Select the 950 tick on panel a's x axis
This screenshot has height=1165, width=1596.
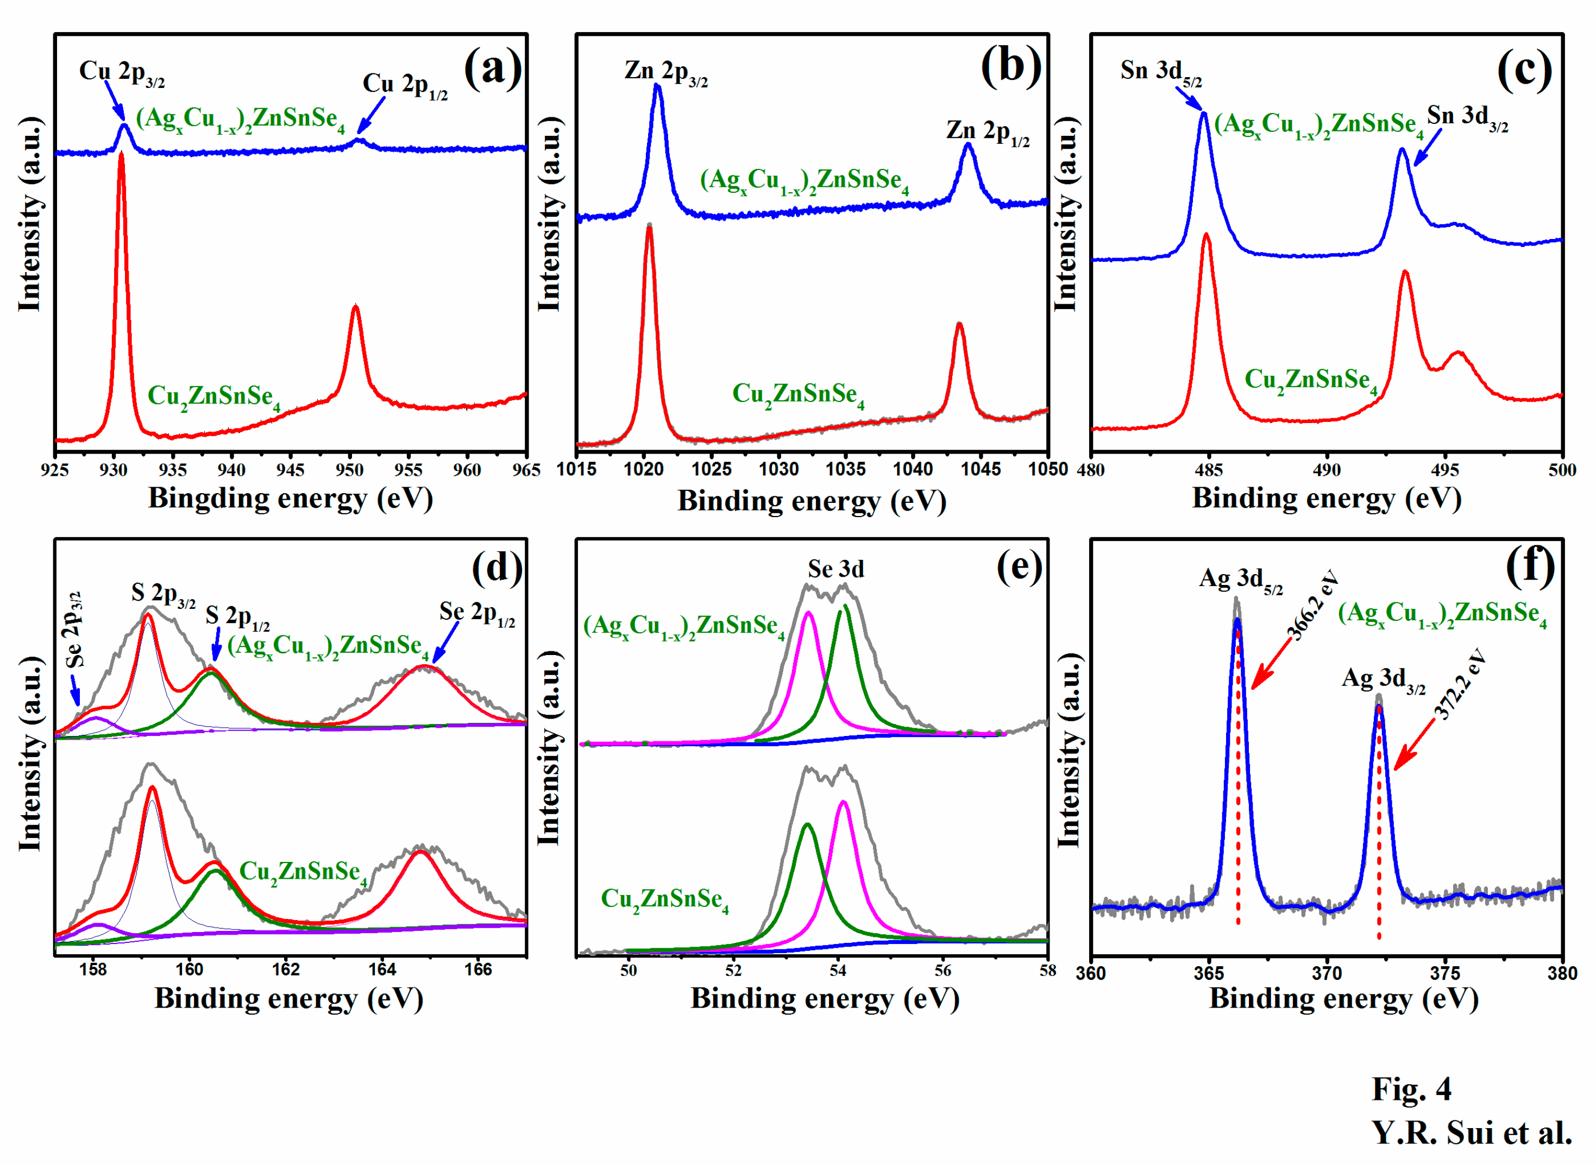[x=349, y=470]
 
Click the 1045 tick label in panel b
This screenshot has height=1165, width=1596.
[x=981, y=470]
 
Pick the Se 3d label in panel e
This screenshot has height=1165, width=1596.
[x=835, y=569]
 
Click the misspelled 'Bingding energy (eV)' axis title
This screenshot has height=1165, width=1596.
[x=290, y=499]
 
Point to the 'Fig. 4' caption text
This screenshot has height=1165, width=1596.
[x=1411, y=1089]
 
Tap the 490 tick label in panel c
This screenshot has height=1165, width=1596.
[x=1327, y=470]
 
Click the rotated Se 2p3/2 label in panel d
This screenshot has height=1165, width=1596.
[x=74, y=629]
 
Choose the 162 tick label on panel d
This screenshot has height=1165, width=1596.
[x=286, y=969]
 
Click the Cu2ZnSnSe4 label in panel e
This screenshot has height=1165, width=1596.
[x=664, y=900]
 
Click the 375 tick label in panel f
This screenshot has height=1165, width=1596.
[x=1445, y=973]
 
